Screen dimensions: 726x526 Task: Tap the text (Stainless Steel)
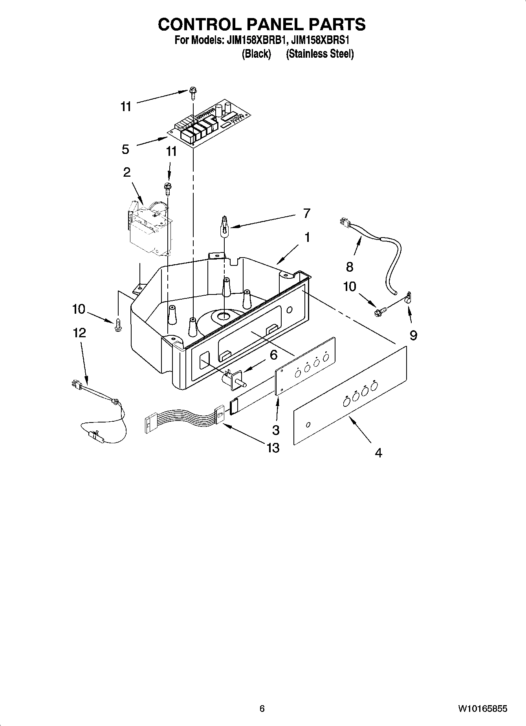320,54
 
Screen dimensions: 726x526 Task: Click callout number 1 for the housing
307,238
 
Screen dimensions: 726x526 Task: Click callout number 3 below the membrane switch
276,430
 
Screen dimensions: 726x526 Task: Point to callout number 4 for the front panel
378,453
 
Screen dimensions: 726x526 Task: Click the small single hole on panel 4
308,424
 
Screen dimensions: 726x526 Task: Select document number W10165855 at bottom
482,709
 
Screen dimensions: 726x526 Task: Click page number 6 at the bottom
262,709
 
